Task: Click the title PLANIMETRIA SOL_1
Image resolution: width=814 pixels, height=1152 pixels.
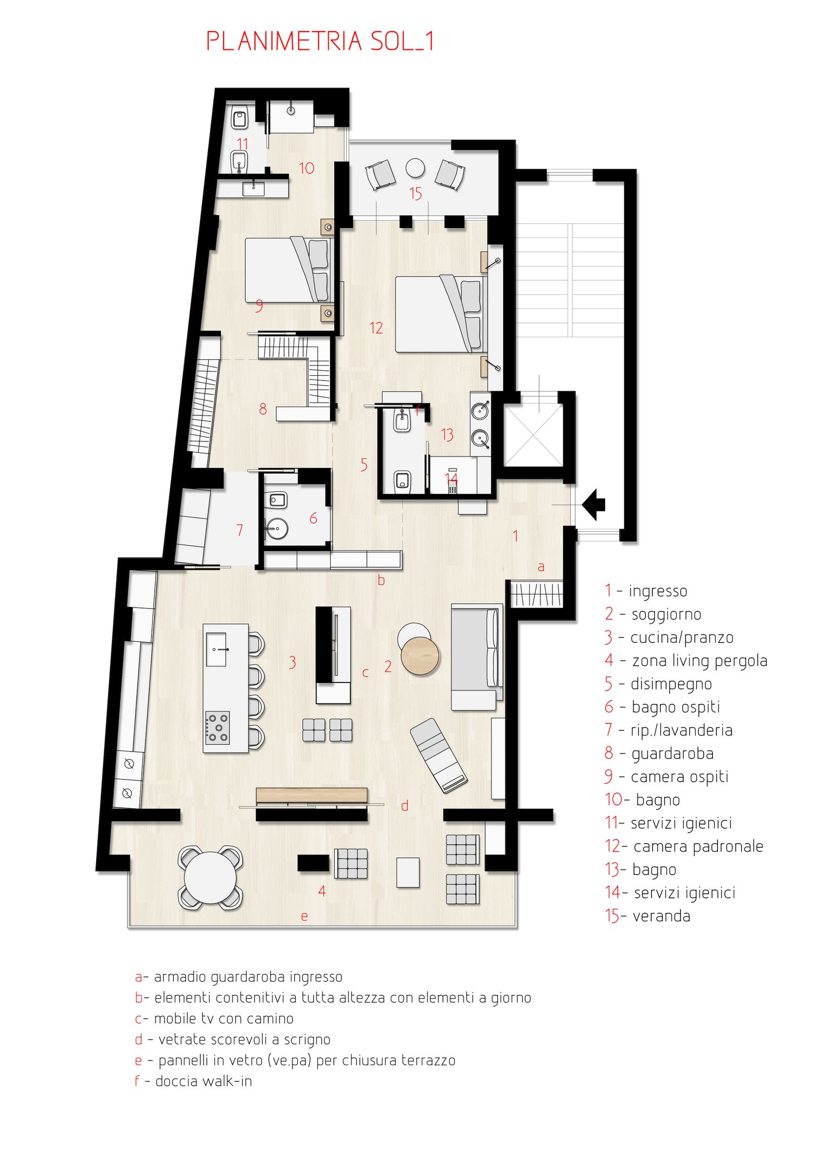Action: pyautogui.click(x=320, y=41)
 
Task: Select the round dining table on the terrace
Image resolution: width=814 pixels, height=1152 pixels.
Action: pyautogui.click(x=210, y=877)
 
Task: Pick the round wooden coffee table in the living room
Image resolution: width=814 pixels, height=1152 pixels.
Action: pyautogui.click(x=420, y=656)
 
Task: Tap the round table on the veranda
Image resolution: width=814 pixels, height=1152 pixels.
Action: pyautogui.click(x=415, y=168)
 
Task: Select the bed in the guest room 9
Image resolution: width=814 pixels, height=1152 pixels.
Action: pyautogui.click(x=288, y=270)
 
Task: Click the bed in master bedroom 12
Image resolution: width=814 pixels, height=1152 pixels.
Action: pyautogui.click(x=438, y=314)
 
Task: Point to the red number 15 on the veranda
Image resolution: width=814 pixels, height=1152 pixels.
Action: pyautogui.click(x=416, y=194)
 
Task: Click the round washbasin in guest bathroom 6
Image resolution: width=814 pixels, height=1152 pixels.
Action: pyautogui.click(x=277, y=528)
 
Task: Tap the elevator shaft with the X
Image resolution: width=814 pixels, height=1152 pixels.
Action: pyautogui.click(x=533, y=436)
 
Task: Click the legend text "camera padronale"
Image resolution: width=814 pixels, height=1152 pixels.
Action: pyautogui.click(x=698, y=846)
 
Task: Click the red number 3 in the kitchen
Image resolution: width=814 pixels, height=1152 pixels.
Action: pyautogui.click(x=292, y=662)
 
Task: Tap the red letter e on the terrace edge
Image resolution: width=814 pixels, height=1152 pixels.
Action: pyautogui.click(x=304, y=917)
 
